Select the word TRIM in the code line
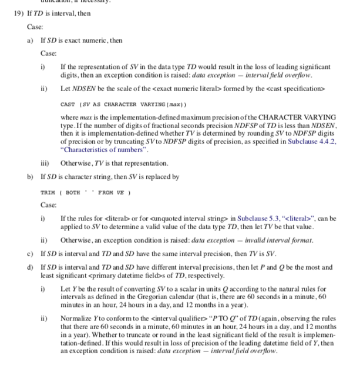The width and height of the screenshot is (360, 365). coord(47,192)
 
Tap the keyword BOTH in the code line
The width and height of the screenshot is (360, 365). coord(73,192)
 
